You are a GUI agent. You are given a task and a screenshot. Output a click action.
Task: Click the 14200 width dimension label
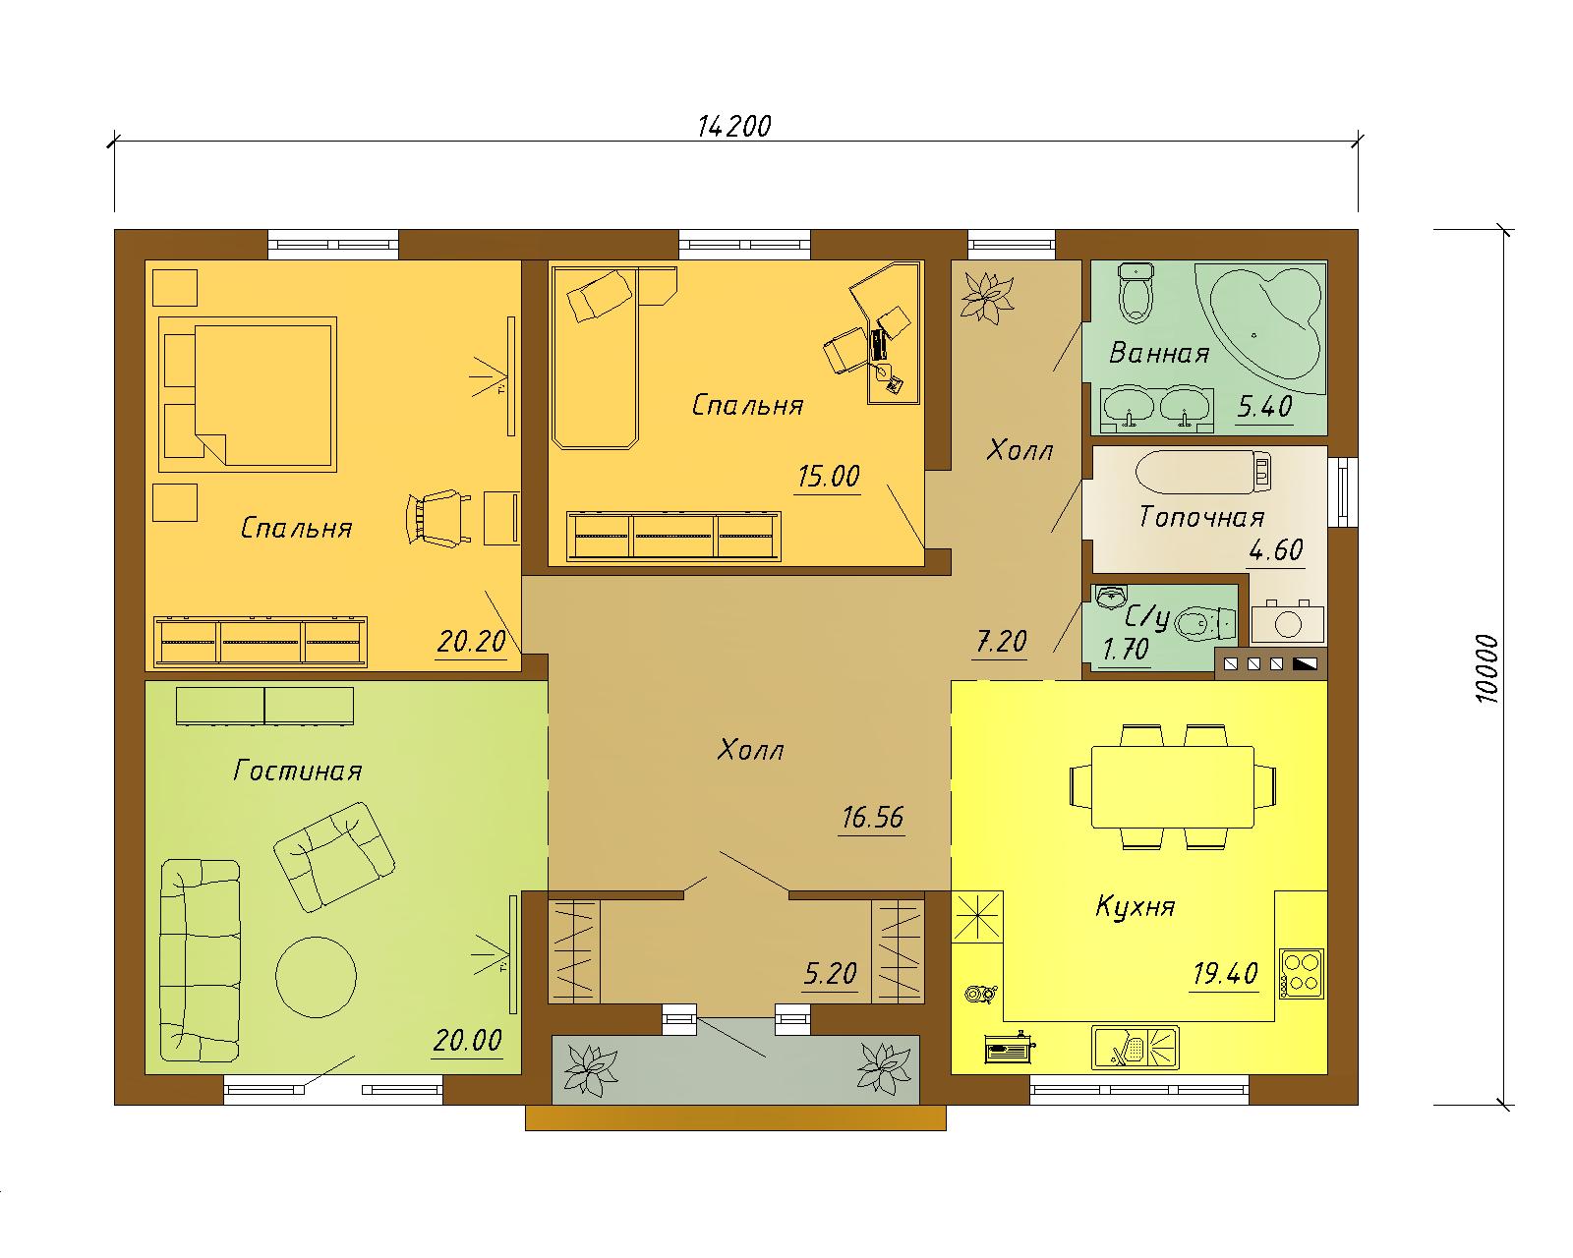click(x=733, y=127)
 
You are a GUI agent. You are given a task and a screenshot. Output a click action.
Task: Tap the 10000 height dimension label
click(x=1486, y=669)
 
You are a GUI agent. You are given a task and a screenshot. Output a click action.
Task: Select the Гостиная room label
click(x=298, y=771)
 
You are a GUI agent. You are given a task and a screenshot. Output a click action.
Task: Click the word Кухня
click(x=1136, y=906)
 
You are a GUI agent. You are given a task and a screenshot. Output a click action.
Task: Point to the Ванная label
click(x=1159, y=353)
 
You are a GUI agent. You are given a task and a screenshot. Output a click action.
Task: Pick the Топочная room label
click(x=1201, y=518)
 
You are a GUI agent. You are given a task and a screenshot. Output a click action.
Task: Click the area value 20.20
click(x=472, y=642)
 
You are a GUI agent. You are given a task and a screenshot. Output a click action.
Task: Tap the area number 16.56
click(x=872, y=818)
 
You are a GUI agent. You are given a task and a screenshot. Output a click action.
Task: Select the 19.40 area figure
click(x=1225, y=974)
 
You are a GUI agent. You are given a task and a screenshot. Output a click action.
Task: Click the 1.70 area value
click(x=1126, y=649)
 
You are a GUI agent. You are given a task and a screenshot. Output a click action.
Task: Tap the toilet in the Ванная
click(x=1136, y=293)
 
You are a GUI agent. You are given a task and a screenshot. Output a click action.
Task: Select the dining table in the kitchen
click(x=1173, y=786)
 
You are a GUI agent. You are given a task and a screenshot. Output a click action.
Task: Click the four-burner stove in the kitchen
click(x=1302, y=974)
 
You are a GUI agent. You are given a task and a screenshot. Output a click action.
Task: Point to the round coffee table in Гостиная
click(x=316, y=977)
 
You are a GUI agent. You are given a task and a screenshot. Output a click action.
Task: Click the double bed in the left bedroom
click(x=248, y=394)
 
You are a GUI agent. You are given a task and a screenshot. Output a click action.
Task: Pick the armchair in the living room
click(x=334, y=857)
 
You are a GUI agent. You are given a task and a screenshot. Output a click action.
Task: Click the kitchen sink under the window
click(x=1136, y=1048)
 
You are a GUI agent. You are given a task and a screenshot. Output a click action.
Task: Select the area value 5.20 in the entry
click(x=830, y=974)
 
